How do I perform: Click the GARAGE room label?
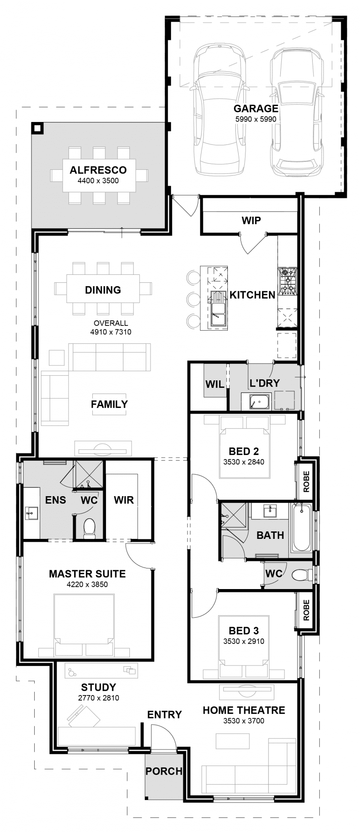click(x=256, y=108)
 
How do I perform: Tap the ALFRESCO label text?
click(x=98, y=170)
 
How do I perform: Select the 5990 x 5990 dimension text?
click(x=256, y=119)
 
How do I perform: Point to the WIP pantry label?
click(x=251, y=220)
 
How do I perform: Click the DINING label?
click(x=103, y=290)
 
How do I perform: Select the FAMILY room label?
click(x=109, y=404)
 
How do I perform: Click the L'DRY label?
click(x=264, y=383)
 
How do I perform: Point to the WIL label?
click(x=215, y=385)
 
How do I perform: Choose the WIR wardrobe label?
click(x=124, y=500)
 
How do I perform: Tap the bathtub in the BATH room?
click(x=301, y=528)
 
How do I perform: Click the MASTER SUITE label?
click(x=87, y=574)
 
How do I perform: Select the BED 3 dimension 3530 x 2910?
click(x=244, y=642)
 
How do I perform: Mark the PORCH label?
click(x=164, y=771)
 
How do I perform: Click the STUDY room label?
click(x=98, y=688)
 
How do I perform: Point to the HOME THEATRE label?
click(x=244, y=710)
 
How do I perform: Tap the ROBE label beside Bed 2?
click(x=307, y=481)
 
